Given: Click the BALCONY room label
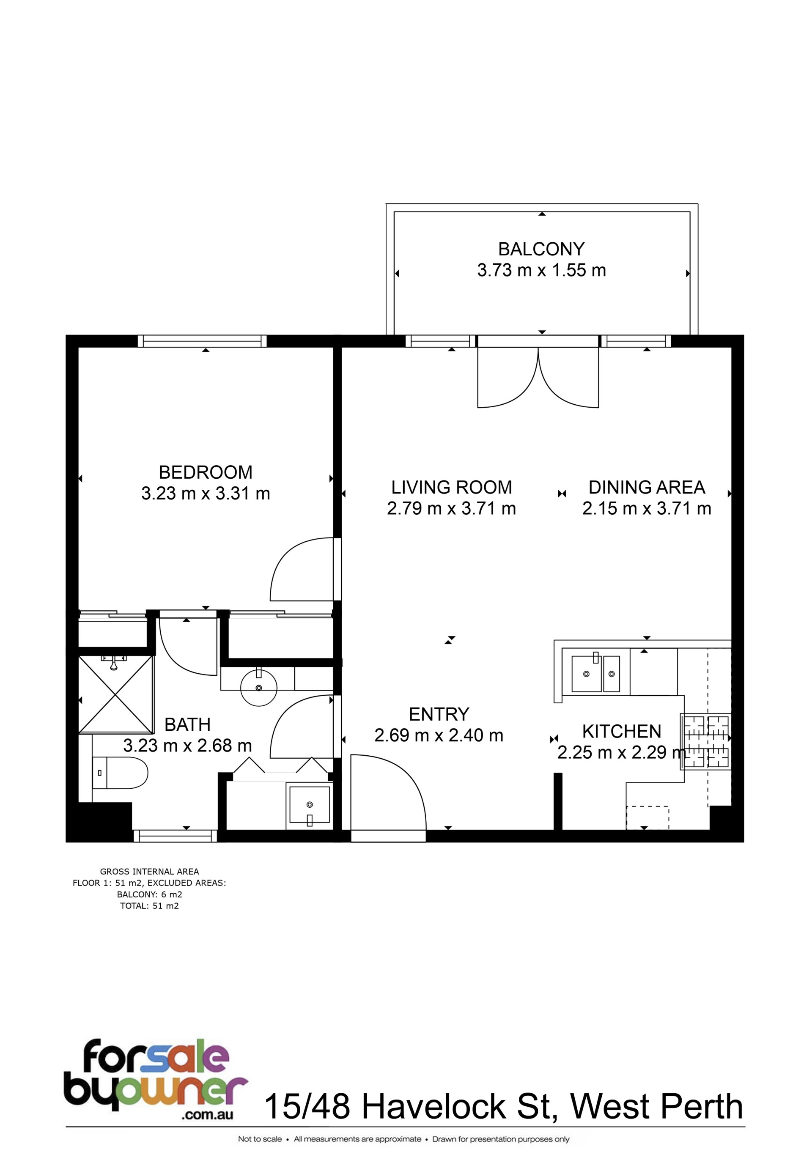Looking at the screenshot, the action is click(x=541, y=249).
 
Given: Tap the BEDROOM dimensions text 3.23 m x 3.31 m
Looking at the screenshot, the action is click(x=206, y=493).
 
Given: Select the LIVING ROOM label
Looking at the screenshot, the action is click(x=452, y=487).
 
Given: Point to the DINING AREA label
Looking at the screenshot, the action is click(x=647, y=487).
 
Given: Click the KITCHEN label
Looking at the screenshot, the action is click(x=622, y=732).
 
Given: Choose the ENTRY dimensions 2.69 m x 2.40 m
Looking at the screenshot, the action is click(x=439, y=735).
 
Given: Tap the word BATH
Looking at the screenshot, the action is click(x=187, y=724).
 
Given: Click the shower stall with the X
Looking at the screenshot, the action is click(x=116, y=694).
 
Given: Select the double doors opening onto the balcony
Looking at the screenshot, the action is click(x=538, y=377).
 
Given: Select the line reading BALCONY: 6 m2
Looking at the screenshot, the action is click(x=150, y=895).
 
